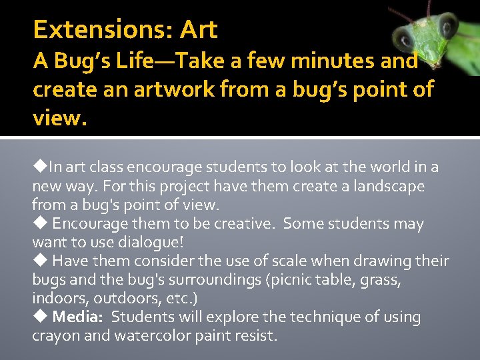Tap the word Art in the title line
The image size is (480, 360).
coord(199,30)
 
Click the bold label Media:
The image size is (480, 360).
coord(79,317)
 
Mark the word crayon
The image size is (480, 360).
coord(55,335)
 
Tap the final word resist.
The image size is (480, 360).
coord(257,335)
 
